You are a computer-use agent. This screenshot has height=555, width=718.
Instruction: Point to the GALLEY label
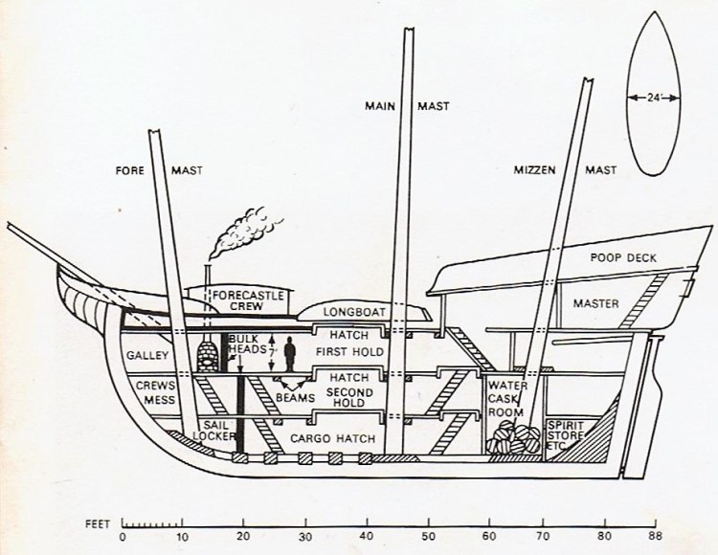(x=148, y=356)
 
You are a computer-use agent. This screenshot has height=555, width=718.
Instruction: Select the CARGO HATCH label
(x=332, y=437)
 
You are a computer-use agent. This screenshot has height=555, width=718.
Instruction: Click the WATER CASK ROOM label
(x=505, y=399)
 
